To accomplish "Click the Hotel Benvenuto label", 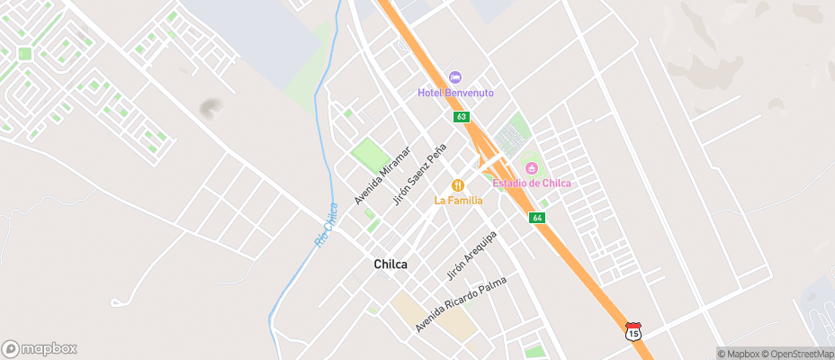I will point(454,94).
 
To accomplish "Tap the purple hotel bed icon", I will point(454,78).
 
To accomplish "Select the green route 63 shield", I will point(461,117).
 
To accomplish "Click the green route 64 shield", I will point(537,218).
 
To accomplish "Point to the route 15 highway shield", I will point(633,331).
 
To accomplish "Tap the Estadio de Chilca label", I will point(532,184).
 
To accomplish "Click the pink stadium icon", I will point(532,168).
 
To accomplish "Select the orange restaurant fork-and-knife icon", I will point(458,185).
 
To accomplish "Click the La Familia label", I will point(458,200).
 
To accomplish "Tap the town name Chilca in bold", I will point(391,265).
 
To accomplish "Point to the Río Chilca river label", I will point(327,225).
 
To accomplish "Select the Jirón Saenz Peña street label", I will point(420,175).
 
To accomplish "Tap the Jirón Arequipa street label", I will point(472,254).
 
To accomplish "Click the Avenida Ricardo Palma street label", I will point(461,304).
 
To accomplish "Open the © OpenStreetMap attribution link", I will point(798,354).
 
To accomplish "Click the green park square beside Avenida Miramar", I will point(370,154).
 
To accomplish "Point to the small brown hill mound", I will point(212,108).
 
